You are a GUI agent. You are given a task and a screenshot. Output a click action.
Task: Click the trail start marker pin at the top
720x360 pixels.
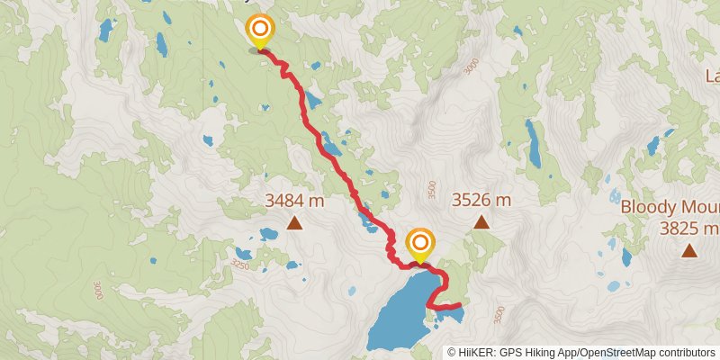coord(259,30)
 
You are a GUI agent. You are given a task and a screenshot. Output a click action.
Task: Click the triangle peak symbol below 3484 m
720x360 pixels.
coord(294,223)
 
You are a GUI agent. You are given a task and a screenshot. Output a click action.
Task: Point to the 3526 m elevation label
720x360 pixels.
coord(481,200)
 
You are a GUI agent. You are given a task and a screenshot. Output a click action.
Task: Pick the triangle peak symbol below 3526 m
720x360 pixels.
coord(481,221)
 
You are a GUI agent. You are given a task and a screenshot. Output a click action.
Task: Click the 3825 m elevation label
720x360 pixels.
coord(689,229)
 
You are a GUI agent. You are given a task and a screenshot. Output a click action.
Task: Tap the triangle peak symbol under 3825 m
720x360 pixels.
coord(689,251)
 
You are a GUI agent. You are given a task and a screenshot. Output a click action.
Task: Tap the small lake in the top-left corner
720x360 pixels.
coord(106,31)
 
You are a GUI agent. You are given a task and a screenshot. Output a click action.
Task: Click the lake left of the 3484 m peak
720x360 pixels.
coord(268,234)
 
